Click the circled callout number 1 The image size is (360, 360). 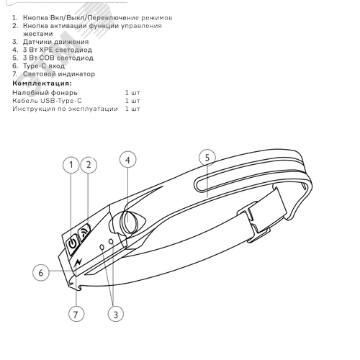pyautogui.click(x=71, y=165)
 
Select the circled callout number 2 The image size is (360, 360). pyautogui.click(x=89, y=165)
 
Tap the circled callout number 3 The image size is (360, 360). pyautogui.click(x=116, y=314)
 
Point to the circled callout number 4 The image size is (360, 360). pyautogui.click(x=128, y=160)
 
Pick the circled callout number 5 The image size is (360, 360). pyautogui.click(x=207, y=158)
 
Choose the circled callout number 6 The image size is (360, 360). pyautogui.click(x=41, y=272)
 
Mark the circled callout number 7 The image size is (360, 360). pyautogui.click(x=76, y=314)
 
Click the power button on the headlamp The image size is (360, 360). pyautogui.click(x=73, y=243)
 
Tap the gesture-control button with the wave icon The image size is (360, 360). pyautogui.click(x=84, y=232)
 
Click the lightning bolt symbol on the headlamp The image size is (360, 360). pyautogui.click(x=78, y=262)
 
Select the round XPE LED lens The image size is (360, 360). pyautogui.click(x=129, y=221)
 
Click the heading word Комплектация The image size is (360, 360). pyautogui.click(x=42, y=84)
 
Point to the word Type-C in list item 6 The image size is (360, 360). pyautogui.click(x=35, y=66)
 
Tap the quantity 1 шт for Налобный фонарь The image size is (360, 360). pyautogui.click(x=132, y=93)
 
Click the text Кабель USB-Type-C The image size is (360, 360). pyautogui.click(x=48, y=101)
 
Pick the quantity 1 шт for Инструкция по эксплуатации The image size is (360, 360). pyautogui.click(x=132, y=109)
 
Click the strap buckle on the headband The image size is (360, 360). pyautogui.click(x=253, y=221)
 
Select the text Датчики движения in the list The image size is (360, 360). pyautogui.click(x=56, y=42)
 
